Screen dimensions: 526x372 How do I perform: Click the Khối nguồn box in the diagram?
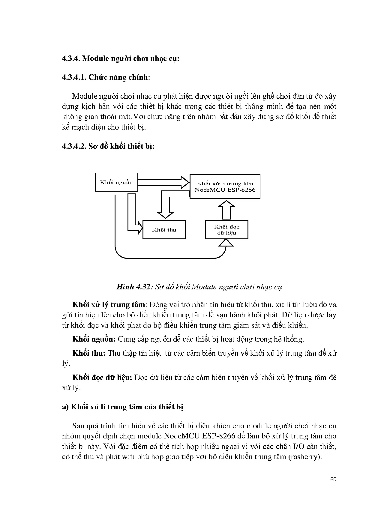pos(116,182)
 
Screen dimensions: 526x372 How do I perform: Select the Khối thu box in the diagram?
pos(164,230)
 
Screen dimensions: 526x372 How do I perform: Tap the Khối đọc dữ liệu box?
pos(226,230)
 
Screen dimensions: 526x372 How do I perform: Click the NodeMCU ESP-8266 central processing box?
pos(225,187)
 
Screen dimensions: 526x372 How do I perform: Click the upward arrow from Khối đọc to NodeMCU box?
pos(226,210)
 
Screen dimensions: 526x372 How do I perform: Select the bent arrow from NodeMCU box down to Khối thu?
pos(166,204)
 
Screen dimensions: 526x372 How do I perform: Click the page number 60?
pos(333,479)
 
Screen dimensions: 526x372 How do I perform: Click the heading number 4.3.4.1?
pos(74,77)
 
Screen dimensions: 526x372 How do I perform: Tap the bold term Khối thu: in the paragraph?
pos(89,353)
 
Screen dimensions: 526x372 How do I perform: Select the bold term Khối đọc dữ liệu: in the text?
pos(102,377)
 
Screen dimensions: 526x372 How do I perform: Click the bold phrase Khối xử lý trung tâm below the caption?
pos(109,305)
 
